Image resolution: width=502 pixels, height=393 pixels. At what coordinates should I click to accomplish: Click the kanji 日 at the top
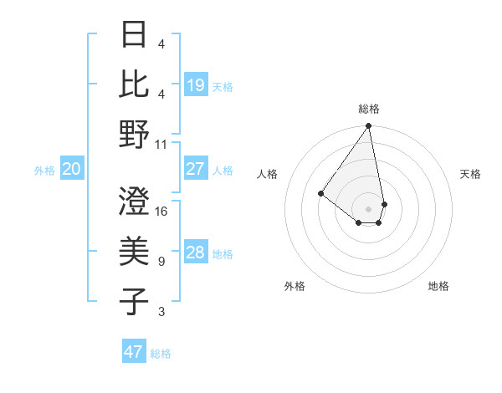pos(135,36)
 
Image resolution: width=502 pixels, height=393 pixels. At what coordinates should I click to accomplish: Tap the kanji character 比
pos(135,84)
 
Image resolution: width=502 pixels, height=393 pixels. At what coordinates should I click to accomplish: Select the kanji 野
pos(135,134)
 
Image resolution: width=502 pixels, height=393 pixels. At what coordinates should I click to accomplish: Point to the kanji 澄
pos(135,201)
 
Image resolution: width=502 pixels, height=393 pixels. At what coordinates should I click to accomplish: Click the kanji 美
pos(135,251)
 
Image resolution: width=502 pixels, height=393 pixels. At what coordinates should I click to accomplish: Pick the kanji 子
pos(135,301)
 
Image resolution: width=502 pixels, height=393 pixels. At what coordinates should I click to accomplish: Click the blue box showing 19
pos(196,84)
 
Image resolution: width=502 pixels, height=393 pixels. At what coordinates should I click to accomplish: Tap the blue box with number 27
pos(196,169)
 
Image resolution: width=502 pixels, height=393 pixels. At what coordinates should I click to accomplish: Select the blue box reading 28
pos(196,253)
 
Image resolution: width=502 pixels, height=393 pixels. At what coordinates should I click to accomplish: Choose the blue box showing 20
pos(72,170)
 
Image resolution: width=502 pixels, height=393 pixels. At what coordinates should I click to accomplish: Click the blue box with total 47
pos(134,352)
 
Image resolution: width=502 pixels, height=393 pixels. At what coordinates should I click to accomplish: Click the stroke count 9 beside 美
pos(161,262)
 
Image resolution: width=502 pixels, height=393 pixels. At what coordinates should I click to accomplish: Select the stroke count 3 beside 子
pos(161,312)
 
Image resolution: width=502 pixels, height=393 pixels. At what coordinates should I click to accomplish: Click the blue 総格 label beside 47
pos(161,354)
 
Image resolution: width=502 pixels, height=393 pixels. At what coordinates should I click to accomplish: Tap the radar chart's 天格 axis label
pos(470,174)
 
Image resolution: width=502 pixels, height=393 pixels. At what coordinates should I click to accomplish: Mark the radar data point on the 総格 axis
pos(368,127)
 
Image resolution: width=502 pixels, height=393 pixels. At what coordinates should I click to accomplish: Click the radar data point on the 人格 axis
pos(320,194)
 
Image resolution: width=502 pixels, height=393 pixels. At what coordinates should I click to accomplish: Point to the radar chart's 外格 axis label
pos(295,286)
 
